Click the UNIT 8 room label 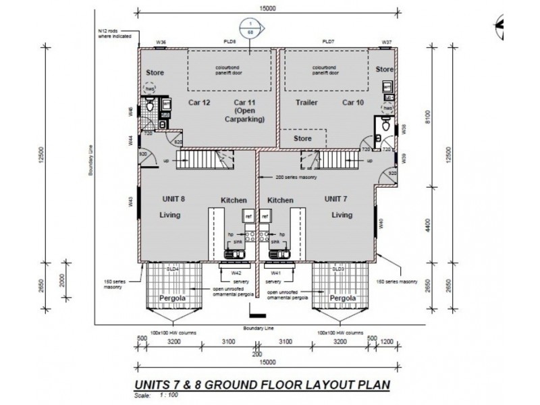click(x=173, y=200)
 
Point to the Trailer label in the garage click(x=306, y=103)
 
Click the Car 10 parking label click(x=352, y=103)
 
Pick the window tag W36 click(x=161, y=42)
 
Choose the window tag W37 click(x=386, y=42)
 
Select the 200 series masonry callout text click(x=296, y=177)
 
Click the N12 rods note click(x=111, y=34)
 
